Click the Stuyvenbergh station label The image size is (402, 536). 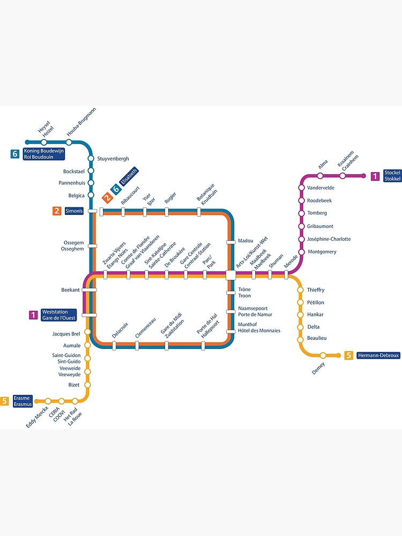(x=113, y=159)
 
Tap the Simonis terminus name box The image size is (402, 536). (x=74, y=211)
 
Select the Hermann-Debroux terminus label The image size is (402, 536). (x=378, y=355)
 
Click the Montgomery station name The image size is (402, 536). (x=322, y=252)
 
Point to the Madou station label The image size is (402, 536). (x=245, y=241)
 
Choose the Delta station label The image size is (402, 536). (x=314, y=327)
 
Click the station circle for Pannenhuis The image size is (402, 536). (x=91, y=183)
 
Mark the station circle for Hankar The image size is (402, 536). (x=301, y=315)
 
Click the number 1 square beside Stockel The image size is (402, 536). (x=375, y=176)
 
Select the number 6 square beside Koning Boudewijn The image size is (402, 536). (x=16, y=154)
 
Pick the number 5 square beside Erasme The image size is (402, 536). (x=5, y=401)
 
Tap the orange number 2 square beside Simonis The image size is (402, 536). (x=57, y=211)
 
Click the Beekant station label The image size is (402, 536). (x=70, y=290)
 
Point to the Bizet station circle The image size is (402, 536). (x=88, y=385)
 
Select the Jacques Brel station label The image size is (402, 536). (x=66, y=333)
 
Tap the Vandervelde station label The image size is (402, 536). (x=321, y=188)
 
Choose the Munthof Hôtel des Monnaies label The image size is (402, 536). (x=259, y=327)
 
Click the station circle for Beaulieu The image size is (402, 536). (x=301, y=339)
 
